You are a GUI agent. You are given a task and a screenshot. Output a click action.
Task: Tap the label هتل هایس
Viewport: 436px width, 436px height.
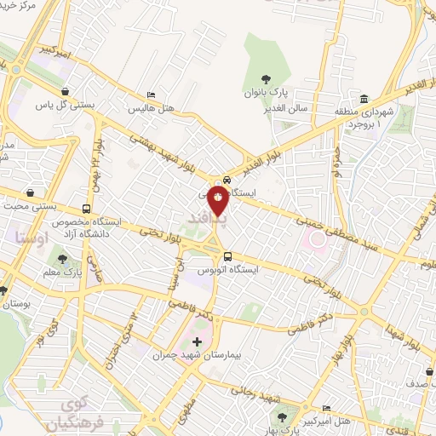(x=152, y=109)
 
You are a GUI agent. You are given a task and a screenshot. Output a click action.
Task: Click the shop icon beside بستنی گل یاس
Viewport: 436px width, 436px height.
(x=66, y=91)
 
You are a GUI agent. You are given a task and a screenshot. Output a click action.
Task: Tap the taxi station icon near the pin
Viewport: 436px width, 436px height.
(x=227, y=180)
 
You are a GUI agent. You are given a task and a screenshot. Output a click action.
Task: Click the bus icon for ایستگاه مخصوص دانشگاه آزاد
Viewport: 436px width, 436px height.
(x=86, y=209)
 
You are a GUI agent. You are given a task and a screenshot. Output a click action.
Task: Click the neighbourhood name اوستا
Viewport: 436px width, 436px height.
(x=32, y=237)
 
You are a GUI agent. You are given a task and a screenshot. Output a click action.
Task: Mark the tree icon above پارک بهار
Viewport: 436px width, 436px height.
(x=283, y=416)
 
